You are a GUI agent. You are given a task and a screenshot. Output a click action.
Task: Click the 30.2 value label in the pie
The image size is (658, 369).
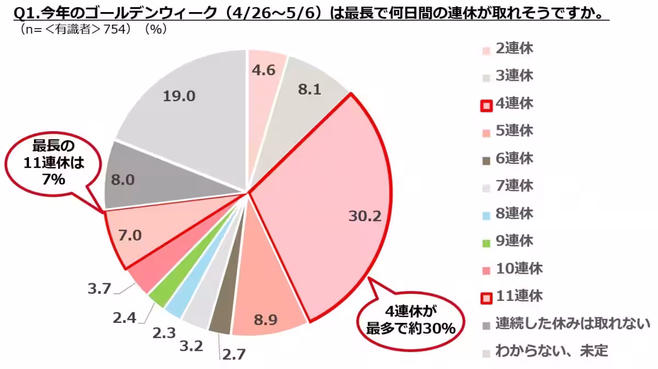click(365, 216)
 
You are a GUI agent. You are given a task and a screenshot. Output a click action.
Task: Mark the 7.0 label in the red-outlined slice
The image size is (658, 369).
click(130, 236)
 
